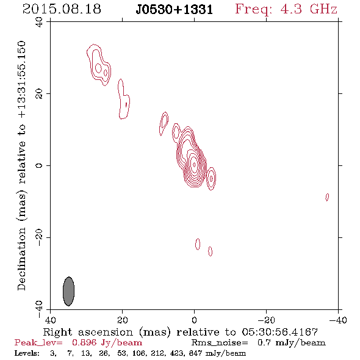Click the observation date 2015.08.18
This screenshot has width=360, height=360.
[x=62, y=9]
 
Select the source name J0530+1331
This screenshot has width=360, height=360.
[x=175, y=10]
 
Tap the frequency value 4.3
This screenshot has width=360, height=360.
[x=291, y=9]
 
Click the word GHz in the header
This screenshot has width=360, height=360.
[x=323, y=9]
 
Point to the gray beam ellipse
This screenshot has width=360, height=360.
[x=69, y=291]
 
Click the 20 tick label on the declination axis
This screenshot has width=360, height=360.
[x=39, y=94]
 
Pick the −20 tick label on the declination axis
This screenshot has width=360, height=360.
[x=39, y=237]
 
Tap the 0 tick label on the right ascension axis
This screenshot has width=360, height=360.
[x=194, y=320]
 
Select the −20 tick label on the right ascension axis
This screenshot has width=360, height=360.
[x=266, y=320]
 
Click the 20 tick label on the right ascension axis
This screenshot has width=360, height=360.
[x=123, y=320]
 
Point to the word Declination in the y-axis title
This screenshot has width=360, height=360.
[x=21, y=259]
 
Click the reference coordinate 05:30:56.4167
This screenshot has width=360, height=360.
[x=280, y=332]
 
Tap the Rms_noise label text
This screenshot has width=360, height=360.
[x=220, y=343]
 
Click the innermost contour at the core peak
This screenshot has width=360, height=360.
[x=194, y=164]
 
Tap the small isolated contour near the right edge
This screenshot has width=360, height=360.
[x=327, y=197]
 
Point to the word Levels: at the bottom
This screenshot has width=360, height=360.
[x=27, y=353]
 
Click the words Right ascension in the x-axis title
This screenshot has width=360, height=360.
[x=88, y=332]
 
